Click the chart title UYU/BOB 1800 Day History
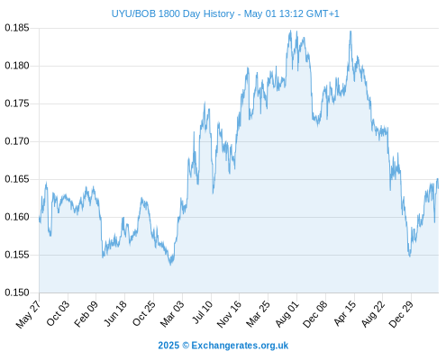point(173,13)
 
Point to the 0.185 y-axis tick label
point(17,28)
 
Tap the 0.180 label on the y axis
point(17,66)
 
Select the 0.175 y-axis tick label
point(17,103)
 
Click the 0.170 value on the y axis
point(17,141)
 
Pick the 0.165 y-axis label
point(17,179)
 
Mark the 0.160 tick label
point(17,217)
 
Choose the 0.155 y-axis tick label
point(17,255)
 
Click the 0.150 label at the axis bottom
point(17,292)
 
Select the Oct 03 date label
point(58,313)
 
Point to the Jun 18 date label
point(115,313)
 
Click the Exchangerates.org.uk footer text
point(240,346)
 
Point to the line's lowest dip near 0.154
point(170,265)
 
